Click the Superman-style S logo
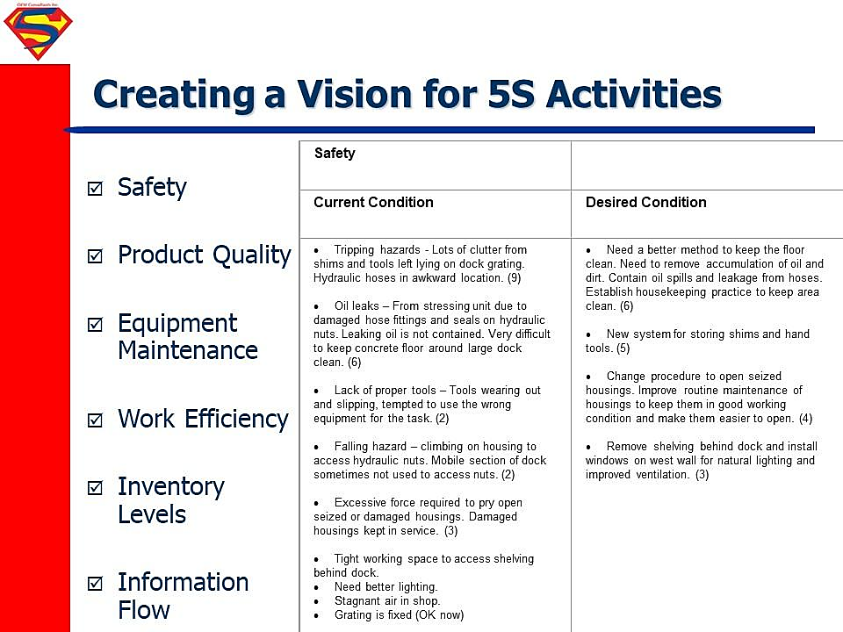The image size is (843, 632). click(x=38, y=33)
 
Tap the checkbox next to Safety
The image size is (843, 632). click(x=95, y=188)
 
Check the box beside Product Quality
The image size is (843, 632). click(x=95, y=255)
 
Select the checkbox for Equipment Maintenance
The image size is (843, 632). click(x=95, y=324)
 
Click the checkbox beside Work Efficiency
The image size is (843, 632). click(x=95, y=420)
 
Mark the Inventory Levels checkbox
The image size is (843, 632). click(x=95, y=487)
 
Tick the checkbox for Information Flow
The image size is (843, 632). click(x=95, y=583)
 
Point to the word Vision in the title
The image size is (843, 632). click(x=356, y=94)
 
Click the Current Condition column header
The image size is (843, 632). click(x=373, y=202)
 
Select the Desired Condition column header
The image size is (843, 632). click(x=645, y=202)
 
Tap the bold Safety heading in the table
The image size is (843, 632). click(x=335, y=153)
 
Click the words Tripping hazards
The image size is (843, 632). click(x=377, y=249)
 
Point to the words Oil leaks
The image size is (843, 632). click(x=357, y=305)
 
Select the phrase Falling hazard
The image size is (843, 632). click(x=370, y=446)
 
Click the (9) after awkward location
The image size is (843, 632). click(x=514, y=278)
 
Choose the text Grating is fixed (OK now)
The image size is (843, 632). click(x=399, y=614)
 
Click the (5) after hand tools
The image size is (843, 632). click(x=623, y=348)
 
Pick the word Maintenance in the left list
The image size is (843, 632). click(x=188, y=350)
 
